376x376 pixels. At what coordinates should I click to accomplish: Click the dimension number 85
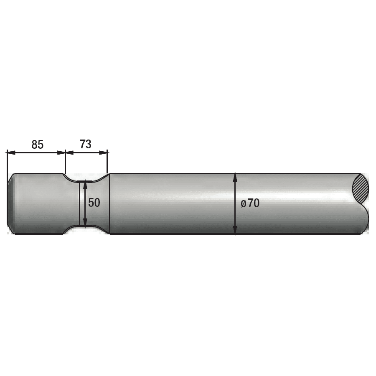coord(38,145)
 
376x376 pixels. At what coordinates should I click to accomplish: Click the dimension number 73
coord(86,144)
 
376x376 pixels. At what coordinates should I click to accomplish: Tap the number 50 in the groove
coord(94,203)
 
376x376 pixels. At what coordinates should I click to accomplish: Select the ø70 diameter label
coord(250,203)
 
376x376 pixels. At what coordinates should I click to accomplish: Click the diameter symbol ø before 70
coord(244,204)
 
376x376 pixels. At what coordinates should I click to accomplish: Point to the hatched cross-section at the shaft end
coord(361,189)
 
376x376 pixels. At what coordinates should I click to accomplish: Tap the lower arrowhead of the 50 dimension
coord(85,222)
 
